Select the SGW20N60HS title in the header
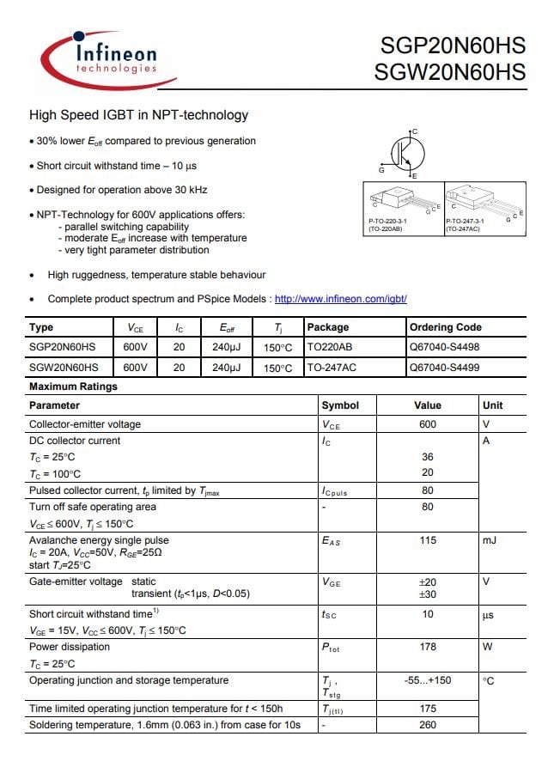(449, 73)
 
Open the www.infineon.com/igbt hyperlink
(340, 299)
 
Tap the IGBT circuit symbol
(404, 153)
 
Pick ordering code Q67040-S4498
(445, 347)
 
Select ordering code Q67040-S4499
(445, 367)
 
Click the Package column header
(328, 327)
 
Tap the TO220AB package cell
(330, 347)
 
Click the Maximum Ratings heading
(73, 387)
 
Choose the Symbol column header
(340, 405)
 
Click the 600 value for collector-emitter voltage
(428, 424)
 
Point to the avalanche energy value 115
(428, 540)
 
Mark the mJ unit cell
(490, 540)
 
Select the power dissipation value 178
(428, 647)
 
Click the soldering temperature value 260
(428, 725)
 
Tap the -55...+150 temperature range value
(428, 680)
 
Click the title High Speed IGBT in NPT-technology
(139, 115)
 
